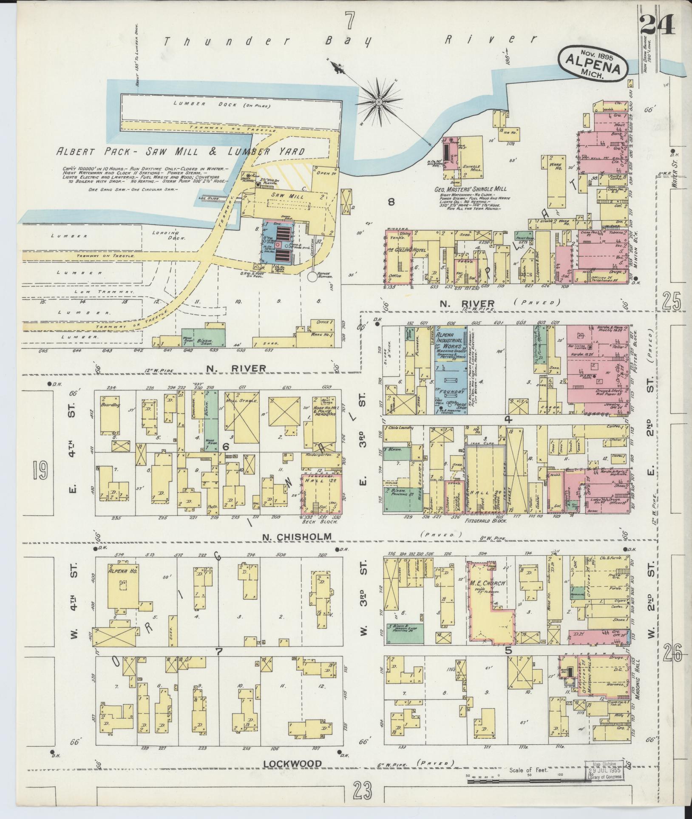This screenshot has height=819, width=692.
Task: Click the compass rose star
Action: click(x=378, y=102)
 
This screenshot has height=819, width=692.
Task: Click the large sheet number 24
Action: click(x=658, y=26)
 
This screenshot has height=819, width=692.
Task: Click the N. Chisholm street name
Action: click(x=297, y=536)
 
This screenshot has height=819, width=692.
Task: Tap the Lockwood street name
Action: click(x=292, y=764)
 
